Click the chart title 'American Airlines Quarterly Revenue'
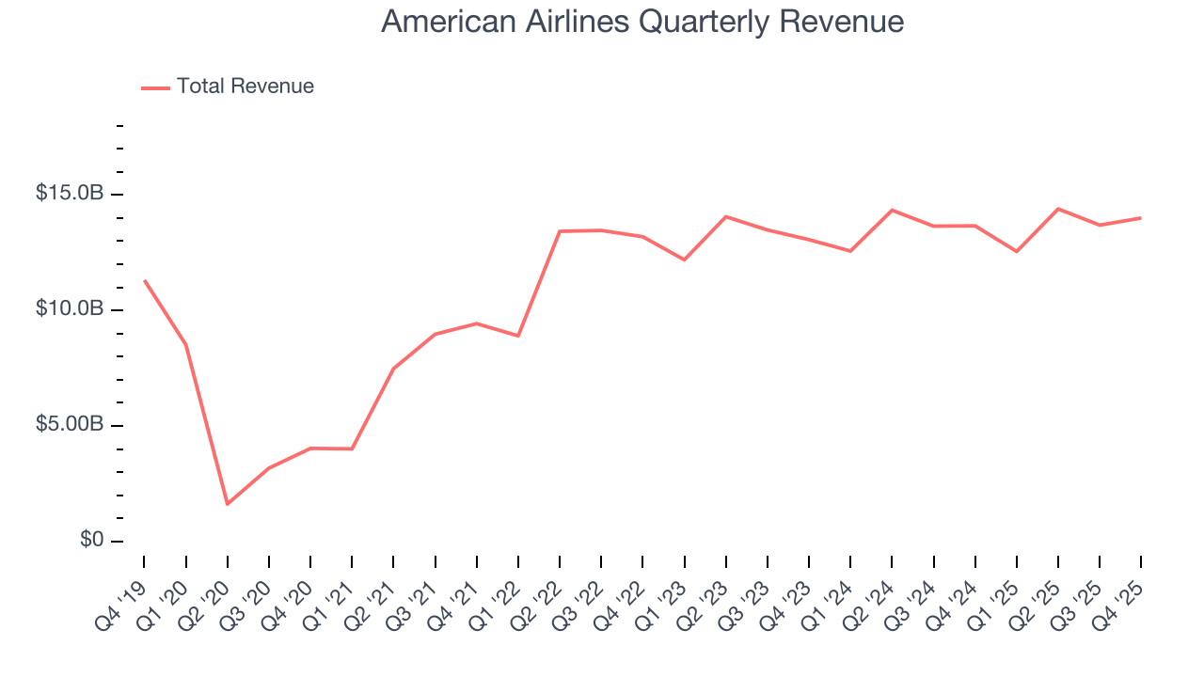point(642,22)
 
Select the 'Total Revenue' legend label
point(245,87)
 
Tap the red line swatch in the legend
point(155,87)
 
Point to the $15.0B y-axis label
point(71,194)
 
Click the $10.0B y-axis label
point(71,309)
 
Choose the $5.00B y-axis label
point(71,425)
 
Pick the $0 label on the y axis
point(91,541)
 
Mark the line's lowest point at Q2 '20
point(228,504)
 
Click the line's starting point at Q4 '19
point(145,280)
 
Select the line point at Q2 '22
point(560,231)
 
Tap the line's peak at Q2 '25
point(1058,209)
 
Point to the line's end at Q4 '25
point(1141,218)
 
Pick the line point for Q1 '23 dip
point(684,260)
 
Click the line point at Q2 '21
point(393,369)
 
